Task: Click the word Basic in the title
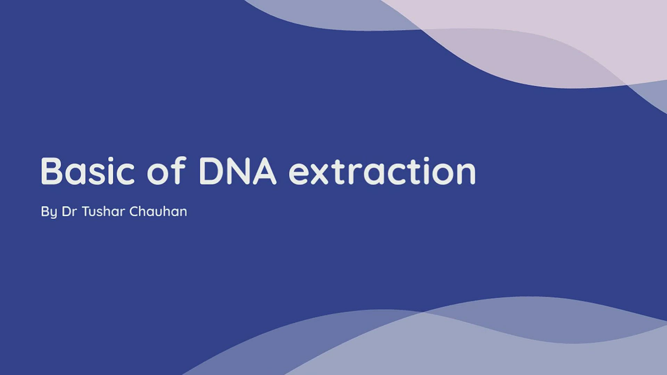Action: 88,171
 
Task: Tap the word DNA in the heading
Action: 238,171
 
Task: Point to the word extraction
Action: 382,171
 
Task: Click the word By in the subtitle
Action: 49,212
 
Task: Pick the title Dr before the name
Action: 69,211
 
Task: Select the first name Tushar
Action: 103,211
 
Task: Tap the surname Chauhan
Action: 158,211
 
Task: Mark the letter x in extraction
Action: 319,174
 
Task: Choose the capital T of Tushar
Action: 86,211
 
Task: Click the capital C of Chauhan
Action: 134,211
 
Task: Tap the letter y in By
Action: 53,213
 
